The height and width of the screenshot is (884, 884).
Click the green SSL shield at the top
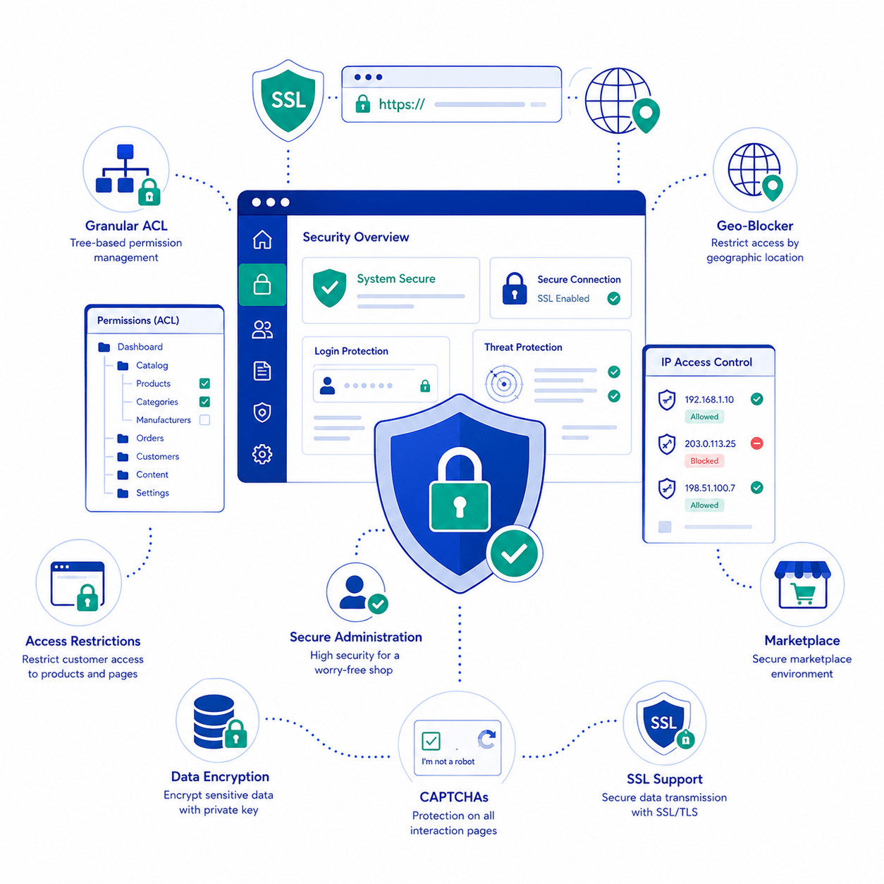click(288, 100)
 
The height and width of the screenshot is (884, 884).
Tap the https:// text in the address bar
click(401, 104)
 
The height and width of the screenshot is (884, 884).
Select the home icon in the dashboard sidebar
click(262, 240)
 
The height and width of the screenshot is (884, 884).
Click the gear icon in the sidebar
click(262, 454)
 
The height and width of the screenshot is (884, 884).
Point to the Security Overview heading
click(355, 237)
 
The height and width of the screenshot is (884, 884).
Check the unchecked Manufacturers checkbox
click(204, 419)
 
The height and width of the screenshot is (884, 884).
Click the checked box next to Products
click(204, 383)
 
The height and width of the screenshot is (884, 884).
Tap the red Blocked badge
click(704, 460)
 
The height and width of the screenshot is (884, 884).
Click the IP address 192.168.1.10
click(708, 399)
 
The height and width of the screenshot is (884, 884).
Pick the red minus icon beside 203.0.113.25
click(756, 443)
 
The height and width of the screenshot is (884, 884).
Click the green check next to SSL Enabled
click(613, 299)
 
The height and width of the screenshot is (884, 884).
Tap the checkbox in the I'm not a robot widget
click(430, 740)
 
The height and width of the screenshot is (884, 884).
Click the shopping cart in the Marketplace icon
click(802, 594)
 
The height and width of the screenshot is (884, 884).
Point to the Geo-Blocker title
click(754, 226)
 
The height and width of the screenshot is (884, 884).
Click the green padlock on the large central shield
click(459, 490)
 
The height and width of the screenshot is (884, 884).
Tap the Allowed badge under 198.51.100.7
click(704, 505)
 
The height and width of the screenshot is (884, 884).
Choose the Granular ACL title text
click(126, 226)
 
